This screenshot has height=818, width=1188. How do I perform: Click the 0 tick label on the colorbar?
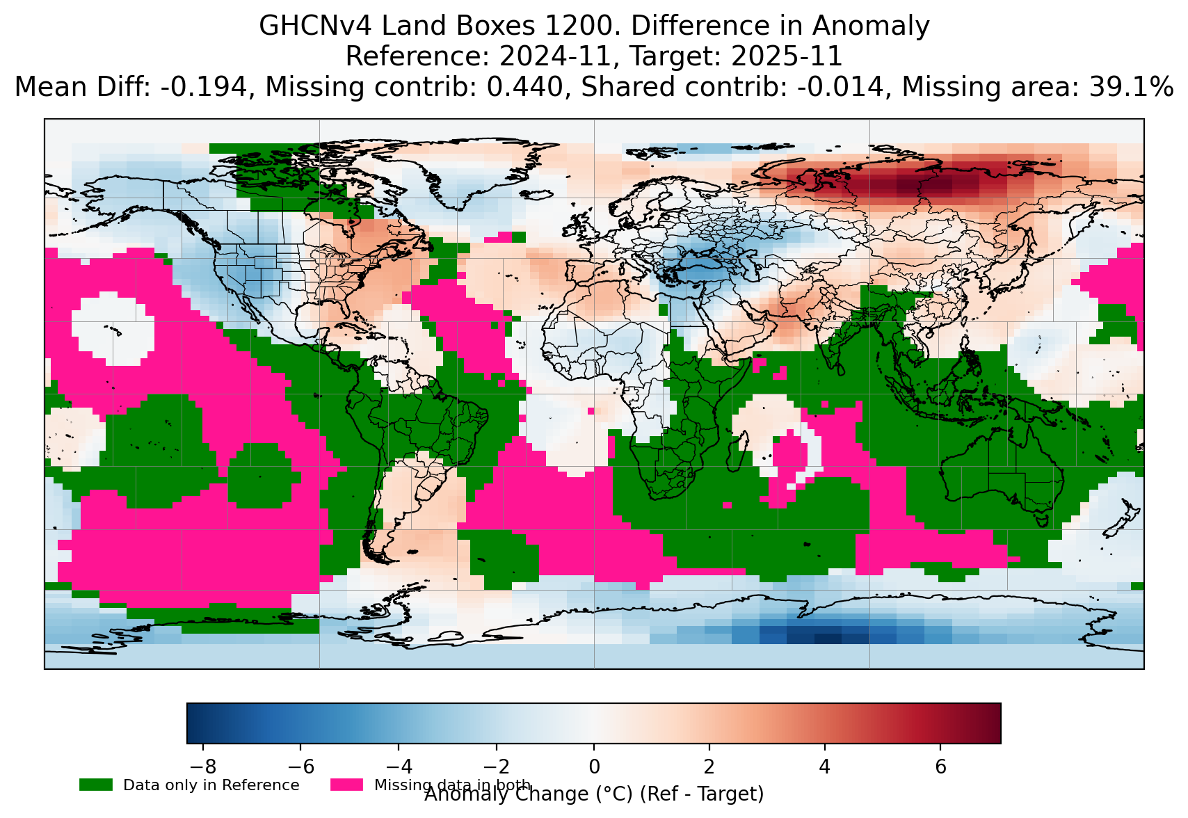click(x=594, y=767)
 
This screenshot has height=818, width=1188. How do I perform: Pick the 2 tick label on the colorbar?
click(x=709, y=767)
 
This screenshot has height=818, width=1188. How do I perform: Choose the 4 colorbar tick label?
click(x=825, y=767)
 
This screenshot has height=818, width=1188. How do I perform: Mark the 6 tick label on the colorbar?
click(x=940, y=767)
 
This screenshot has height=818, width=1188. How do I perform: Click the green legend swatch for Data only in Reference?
click(x=96, y=785)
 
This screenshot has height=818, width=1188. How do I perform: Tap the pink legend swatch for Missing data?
click(x=347, y=785)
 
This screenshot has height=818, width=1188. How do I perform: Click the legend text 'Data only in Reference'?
click(x=211, y=785)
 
